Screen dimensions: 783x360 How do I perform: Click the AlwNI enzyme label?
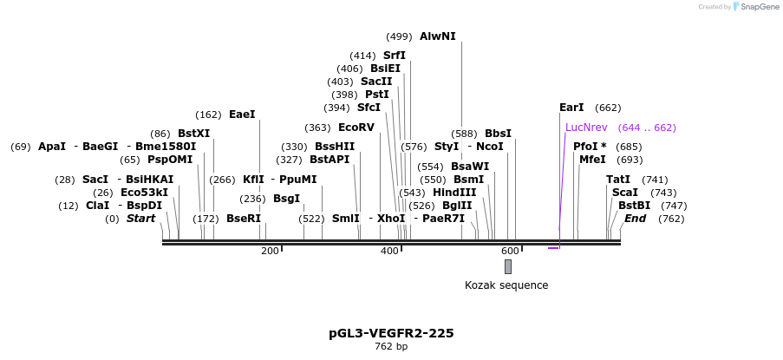[x=437, y=36]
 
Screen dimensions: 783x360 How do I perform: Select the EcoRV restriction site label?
[x=356, y=128]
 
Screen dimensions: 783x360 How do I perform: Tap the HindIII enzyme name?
[x=454, y=193]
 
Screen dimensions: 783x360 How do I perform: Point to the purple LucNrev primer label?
[x=586, y=128]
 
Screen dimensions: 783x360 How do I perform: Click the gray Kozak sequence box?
[x=508, y=266]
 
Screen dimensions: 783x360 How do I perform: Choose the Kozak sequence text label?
[x=506, y=285]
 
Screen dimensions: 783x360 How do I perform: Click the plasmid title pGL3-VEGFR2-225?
[x=392, y=333]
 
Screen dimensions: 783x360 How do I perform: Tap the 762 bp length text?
[x=392, y=346]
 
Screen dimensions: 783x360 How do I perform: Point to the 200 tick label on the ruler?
[x=270, y=251]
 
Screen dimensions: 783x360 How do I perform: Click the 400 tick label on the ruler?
[x=389, y=251]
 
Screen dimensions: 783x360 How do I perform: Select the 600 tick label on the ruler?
[x=510, y=251]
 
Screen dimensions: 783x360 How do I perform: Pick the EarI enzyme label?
[x=571, y=108]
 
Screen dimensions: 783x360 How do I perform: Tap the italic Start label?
[x=140, y=219]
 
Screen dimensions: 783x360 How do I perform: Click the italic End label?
[x=636, y=219]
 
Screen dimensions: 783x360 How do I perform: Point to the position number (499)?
[x=400, y=36]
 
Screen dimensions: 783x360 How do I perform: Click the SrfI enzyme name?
[x=395, y=55]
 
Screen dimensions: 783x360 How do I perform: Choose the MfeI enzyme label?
[x=592, y=160]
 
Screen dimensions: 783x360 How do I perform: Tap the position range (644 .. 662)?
[x=647, y=128]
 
